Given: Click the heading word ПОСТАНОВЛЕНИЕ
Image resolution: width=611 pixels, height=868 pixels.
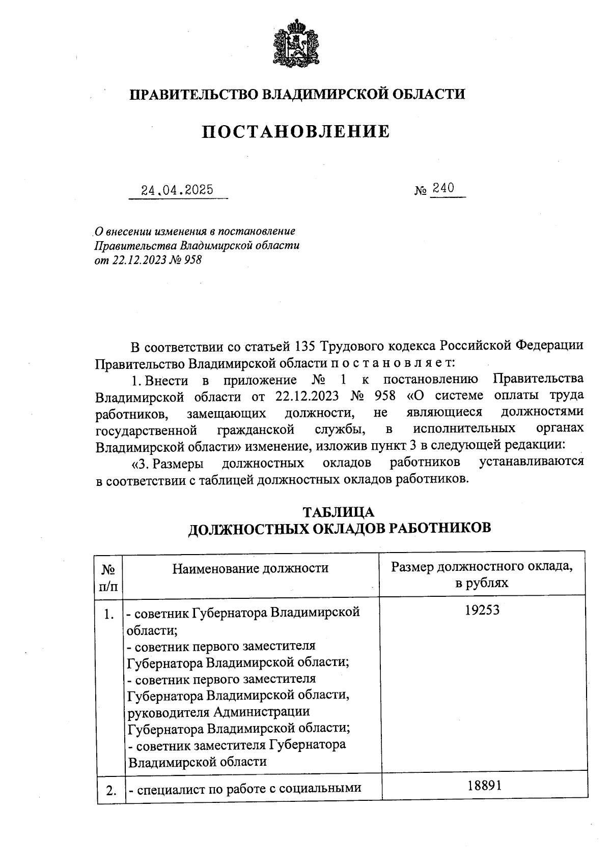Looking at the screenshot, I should coord(296,132).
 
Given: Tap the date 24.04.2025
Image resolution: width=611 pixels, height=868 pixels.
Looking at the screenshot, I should coord(178,191).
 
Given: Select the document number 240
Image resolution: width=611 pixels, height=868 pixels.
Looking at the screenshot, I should coord(443,189).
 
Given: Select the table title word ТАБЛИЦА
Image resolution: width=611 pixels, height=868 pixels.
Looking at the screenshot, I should coord(339,512).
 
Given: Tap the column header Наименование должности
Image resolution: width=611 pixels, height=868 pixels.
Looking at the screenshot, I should coord(251,568).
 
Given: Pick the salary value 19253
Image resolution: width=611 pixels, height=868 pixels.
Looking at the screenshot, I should coord(482,610).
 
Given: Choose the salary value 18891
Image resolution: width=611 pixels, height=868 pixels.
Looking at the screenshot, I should coord(485,786).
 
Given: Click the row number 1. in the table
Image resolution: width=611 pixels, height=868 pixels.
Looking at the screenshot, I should coord(108,615).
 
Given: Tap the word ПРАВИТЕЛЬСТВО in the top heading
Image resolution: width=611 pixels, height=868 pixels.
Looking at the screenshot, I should coord(196,94).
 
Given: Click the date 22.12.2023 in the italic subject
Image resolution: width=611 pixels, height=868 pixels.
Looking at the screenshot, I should coord(138,260).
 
